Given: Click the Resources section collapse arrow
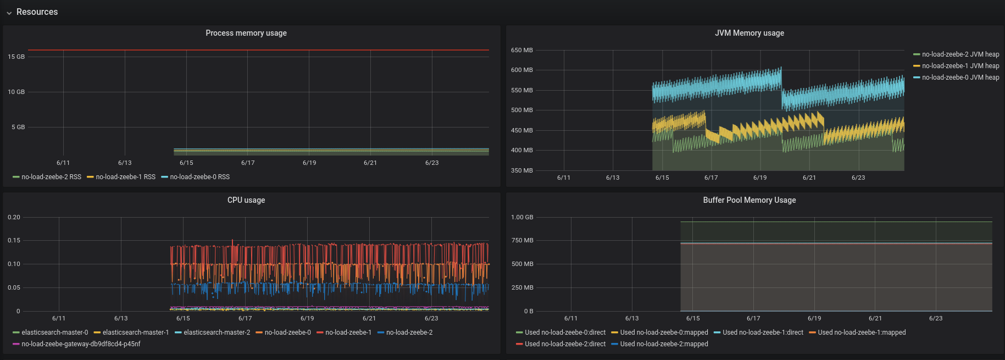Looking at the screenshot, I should pos(9,13).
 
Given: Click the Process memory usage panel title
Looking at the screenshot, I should pos(246,33).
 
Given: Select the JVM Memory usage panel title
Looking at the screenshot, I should pos(749,33).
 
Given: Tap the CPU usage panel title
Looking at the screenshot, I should pos(246,200).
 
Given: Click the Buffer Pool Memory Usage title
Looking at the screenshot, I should pos(749,200).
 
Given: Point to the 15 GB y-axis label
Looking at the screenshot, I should pos(16,57).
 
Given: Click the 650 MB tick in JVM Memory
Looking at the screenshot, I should pos(521,50).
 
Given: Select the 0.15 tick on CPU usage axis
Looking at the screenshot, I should pos(14,240).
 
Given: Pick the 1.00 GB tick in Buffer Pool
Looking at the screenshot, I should pos(521,217).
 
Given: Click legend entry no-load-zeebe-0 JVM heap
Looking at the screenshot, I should pos(960,77).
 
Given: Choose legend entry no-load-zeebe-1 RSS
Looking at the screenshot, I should pos(125,177).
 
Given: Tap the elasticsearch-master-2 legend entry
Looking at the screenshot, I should pos(216,333).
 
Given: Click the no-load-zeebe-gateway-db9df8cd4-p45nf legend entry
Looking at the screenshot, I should pos(81,344).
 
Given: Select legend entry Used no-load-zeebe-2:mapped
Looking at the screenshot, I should pos(664,344).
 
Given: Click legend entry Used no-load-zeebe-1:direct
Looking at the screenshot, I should pos(763,333).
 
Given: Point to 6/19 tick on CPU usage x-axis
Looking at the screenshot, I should pos(307,318).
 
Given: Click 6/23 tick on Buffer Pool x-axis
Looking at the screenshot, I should pos(935,318).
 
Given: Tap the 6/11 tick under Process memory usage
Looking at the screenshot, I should pos(63,163).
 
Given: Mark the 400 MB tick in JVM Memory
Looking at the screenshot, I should pos(521,150).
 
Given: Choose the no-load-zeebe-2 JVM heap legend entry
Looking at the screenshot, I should pos(960,54).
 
